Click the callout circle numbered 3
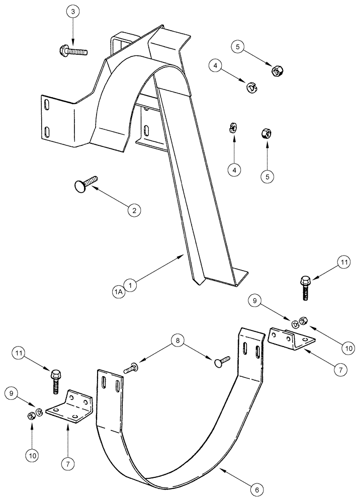73,12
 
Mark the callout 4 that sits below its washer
234,170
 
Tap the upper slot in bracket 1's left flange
46,106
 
